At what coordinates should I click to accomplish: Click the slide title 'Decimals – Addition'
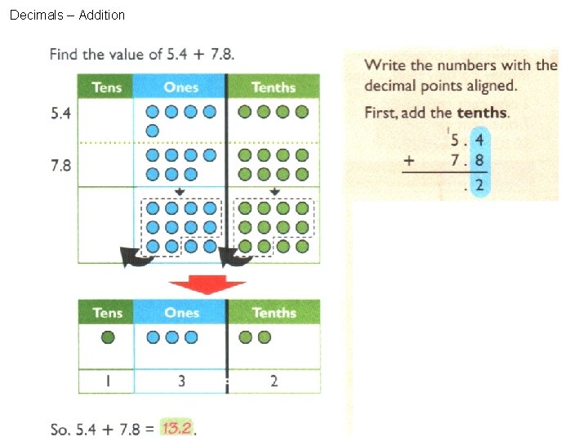tap(67, 15)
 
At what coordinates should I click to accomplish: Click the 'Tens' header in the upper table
tap(106, 87)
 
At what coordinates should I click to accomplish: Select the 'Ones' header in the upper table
tap(180, 87)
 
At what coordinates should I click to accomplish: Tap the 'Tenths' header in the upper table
tap(274, 87)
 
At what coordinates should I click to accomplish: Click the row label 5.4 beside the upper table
tap(60, 114)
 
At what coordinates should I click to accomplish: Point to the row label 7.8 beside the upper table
tap(60, 166)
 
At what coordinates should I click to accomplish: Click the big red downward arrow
tap(207, 285)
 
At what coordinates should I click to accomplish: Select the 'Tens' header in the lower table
tap(107, 313)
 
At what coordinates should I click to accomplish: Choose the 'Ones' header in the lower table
tap(181, 313)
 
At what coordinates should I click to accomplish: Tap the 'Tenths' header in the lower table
tap(274, 313)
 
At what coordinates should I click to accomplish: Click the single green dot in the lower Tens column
tap(107, 336)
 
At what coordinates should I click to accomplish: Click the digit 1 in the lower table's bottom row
tap(106, 381)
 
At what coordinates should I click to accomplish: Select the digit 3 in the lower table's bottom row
tap(181, 381)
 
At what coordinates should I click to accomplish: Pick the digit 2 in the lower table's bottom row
tap(274, 381)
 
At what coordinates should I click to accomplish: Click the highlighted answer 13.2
tap(177, 428)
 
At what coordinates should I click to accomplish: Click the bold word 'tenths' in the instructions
tap(482, 113)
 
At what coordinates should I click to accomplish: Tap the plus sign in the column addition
tap(409, 161)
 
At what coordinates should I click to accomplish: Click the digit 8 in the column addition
tap(479, 161)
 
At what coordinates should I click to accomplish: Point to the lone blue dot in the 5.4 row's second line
tap(152, 131)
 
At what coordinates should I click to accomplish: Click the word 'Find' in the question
tap(64, 55)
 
